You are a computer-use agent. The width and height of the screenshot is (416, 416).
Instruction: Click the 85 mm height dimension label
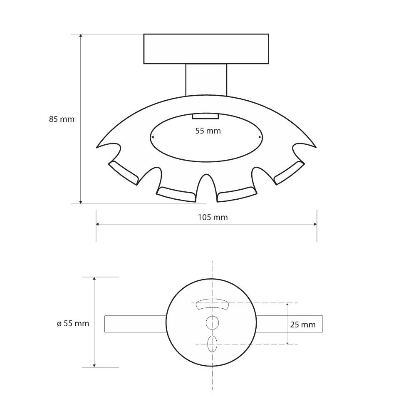62,119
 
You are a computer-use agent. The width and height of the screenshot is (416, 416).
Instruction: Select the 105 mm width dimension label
213,218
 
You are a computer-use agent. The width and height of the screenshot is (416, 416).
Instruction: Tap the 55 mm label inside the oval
208,131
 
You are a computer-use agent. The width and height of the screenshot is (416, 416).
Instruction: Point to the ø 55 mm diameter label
73,323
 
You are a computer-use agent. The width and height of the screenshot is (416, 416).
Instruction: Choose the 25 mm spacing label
303,324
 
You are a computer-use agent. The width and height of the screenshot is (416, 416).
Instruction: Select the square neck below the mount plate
206,79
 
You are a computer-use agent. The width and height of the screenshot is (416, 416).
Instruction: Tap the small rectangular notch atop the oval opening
206,116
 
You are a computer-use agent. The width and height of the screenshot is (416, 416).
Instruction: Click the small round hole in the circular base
212,323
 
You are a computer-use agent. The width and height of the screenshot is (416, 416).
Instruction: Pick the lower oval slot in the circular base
212,344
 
